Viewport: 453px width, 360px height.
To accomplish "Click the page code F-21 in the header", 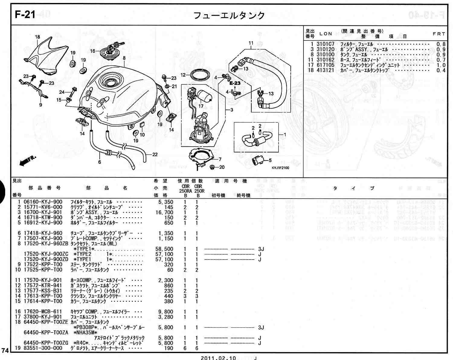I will click(25, 14).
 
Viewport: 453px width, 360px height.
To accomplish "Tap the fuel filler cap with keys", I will click(113, 51).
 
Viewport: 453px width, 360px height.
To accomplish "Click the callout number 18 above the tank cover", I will click(37, 37).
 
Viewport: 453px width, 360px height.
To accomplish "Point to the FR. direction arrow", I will click(27, 161).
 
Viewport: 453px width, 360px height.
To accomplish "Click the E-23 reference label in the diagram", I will click(235, 83).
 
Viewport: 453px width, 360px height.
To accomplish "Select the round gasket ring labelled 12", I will click(200, 75).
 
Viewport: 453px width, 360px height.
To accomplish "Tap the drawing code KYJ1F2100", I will click(280, 168).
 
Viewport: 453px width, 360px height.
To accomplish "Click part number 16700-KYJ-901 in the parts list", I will click(43, 212).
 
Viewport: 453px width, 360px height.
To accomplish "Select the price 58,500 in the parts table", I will click(164, 249).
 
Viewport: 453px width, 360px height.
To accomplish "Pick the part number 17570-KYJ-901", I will click(43, 280).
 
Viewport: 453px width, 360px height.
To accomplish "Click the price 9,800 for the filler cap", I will click(166, 312).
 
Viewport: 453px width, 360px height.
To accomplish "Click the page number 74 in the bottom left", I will click(5, 350).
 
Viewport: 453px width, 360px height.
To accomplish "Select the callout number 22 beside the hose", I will click(155, 155).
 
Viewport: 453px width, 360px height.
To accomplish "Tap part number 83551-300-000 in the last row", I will click(43, 348).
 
